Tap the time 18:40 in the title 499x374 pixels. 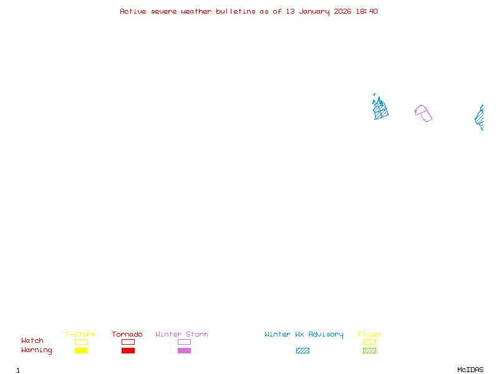(367, 11)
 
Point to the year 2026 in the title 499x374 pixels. (344, 11)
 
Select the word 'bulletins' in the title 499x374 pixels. (236, 11)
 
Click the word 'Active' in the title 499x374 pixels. (133, 11)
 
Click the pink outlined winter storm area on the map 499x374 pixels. (424, 113)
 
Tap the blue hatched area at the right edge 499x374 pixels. (480, 117)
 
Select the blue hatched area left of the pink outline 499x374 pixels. (380, 110)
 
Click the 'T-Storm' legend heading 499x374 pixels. (80, 334)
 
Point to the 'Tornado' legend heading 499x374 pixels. (127, 334)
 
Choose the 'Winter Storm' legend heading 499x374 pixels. (182, 334)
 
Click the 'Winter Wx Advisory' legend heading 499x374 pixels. (304, 334)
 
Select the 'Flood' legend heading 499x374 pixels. (369, 334)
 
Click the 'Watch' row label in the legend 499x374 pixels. (32, 341)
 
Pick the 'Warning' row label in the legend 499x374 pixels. (37, 350)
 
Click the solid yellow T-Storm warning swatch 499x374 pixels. (81, 351)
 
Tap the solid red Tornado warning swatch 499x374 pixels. (128, 351)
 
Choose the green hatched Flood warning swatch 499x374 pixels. (369, 351)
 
